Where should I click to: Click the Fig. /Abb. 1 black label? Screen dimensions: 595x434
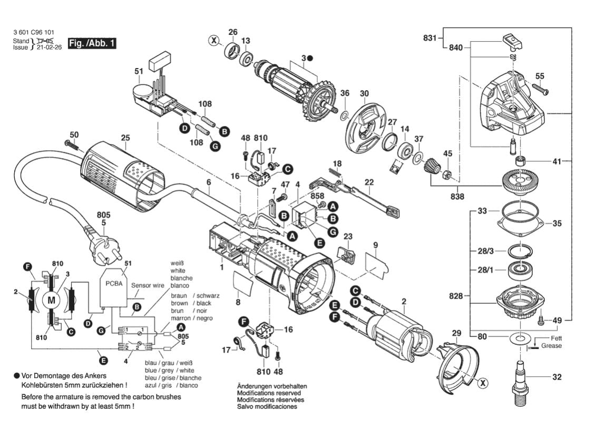(x=92, y=43)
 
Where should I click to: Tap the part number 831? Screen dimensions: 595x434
(x=430, y=38)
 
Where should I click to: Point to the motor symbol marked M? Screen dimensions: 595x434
(x=51, y=301)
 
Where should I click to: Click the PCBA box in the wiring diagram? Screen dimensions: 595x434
(x=114, y=287)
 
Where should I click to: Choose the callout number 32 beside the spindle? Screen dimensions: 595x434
(x=557, y=377)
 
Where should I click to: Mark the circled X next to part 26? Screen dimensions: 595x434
(x=214, y=40)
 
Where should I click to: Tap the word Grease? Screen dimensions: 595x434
(x=551, y=345)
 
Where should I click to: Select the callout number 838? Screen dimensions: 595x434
(x=457, y=196)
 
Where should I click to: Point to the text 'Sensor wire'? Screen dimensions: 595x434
(x=148, y=285)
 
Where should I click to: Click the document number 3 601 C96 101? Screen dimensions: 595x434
(x=33, y=33)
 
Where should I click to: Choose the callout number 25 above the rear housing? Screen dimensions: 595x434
(x=125, y=138)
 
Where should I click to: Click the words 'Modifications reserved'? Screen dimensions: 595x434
(x=269, y=393)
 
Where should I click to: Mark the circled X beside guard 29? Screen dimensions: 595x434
(x=483, y=383)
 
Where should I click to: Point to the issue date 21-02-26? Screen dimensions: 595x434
(x=49, y=47)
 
